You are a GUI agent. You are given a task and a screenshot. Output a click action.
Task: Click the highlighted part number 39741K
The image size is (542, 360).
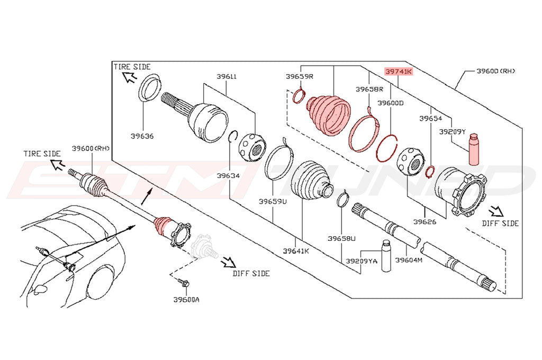tap(399, 71)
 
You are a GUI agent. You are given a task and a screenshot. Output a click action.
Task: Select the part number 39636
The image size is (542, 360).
tap(142, 136)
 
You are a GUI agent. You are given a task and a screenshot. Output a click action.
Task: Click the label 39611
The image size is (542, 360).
tap(227, 76)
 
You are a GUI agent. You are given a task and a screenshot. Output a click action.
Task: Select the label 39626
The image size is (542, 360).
tap(425, 222)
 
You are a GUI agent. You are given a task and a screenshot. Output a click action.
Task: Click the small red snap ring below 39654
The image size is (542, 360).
tap(430, 170)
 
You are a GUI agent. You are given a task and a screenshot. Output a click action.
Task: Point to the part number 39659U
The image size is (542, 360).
tap(273, 201)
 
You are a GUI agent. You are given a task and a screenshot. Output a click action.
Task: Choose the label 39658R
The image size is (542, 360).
tap(369, 89)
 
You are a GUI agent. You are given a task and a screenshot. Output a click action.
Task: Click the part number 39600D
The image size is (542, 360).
tap(390, 103)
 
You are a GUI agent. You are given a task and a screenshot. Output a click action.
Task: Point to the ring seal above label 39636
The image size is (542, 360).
tap(150, 88)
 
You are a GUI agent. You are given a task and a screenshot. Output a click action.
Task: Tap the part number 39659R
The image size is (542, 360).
tap(300, 76)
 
